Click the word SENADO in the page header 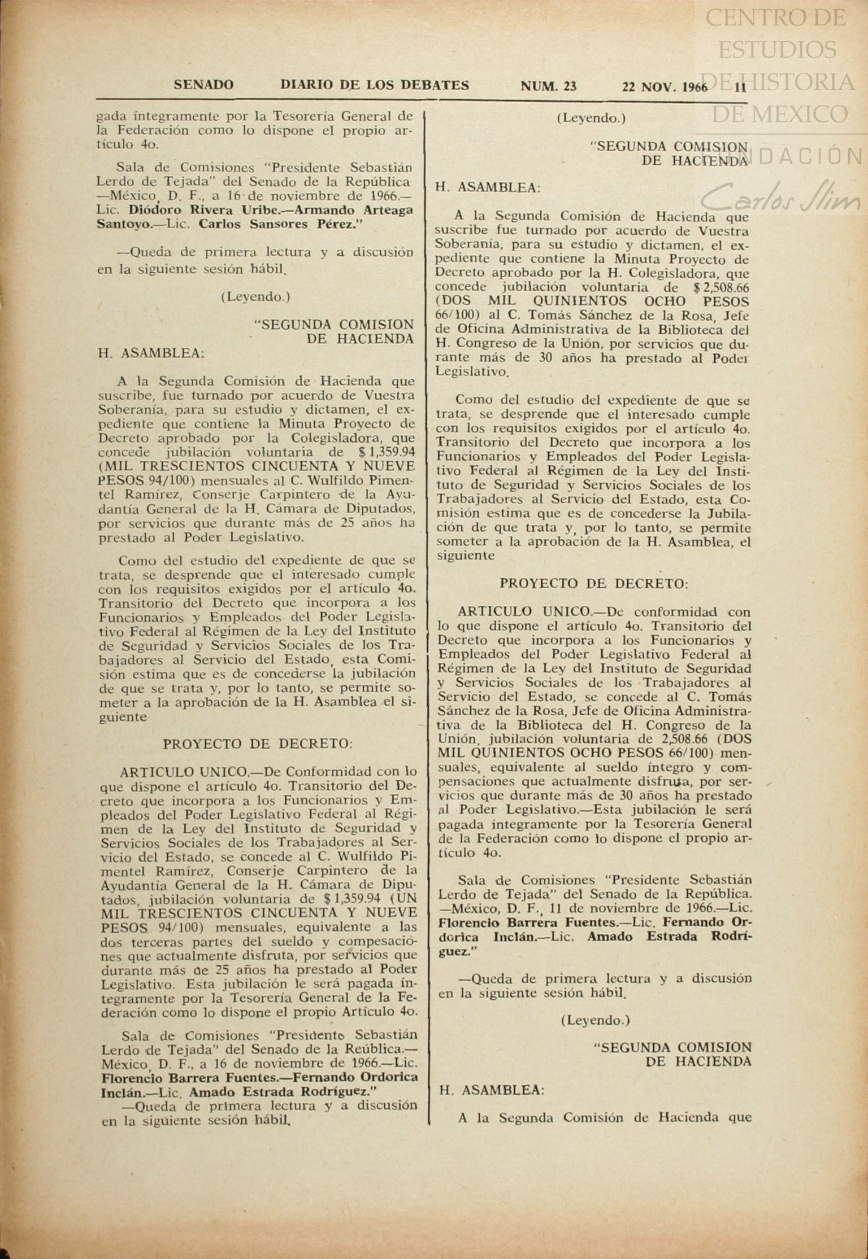click(203, 85)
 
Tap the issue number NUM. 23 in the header click(548, 86)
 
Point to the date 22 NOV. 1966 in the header click(665, 86)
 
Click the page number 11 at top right click(740, 86)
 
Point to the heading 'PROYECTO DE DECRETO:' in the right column click(594, 583)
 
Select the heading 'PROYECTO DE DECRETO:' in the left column click(258, 744)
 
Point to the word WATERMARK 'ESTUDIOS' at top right click(778, 50)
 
